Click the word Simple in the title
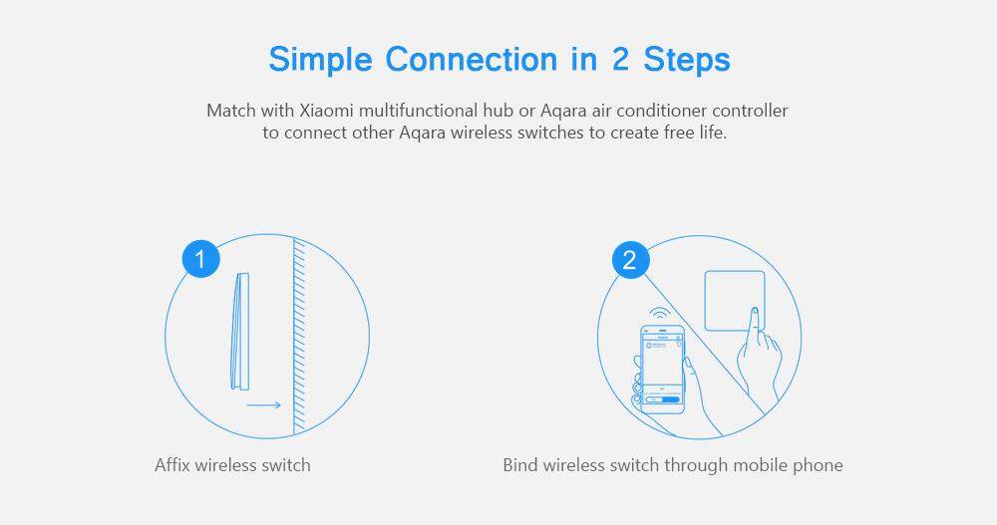click(x=320, y=61)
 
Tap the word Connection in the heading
click(x=472, y=59)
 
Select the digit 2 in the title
click(x=620, y=59)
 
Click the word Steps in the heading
click(x=687, y=61)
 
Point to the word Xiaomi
click(x=327, y=111)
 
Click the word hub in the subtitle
click(x=498, y=111)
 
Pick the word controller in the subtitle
click(x=750, y=111)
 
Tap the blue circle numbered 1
click(x=201, y=259)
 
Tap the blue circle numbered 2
click(x=630, y=260)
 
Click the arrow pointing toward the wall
click(x=264, y=404)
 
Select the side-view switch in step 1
click(x=239, y=331)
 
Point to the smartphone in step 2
click(x=662, y=369)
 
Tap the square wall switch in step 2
click(x=735, y=301)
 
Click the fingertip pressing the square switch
click(x=756, y=312)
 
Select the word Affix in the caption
click(x=172, y=464)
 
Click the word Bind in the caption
click(x=519, y=464)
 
